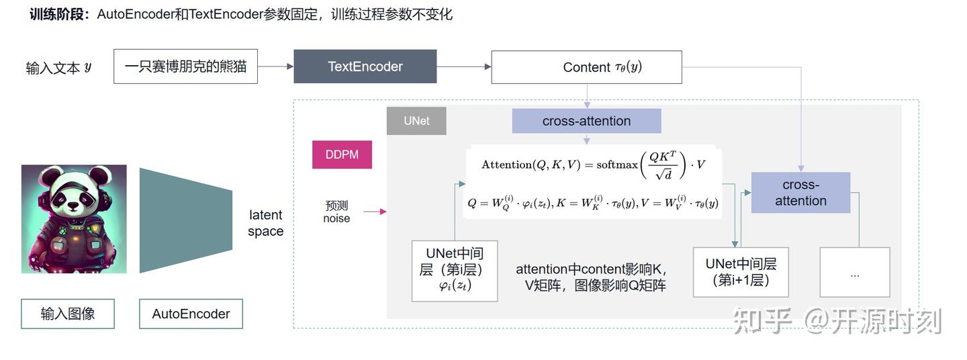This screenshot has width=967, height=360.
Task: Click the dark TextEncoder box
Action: [365, 66]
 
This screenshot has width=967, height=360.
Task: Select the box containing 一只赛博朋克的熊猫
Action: [185, 66]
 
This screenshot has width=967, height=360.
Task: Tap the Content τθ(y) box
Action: [586, 67]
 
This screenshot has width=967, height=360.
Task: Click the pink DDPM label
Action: [342, 154]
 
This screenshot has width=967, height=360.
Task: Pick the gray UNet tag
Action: [416, 121]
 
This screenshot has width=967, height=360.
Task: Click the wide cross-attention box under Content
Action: [586, 121]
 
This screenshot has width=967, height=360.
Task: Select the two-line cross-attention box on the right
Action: [800, 193]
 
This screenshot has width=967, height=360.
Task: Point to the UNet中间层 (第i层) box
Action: [455, 271]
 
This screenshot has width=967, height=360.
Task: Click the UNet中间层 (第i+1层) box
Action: [741, 272]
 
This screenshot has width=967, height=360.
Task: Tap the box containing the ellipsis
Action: [854, 272]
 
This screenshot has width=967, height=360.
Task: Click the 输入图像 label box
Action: [68, 314]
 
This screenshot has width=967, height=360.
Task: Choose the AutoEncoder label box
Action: [191, 314]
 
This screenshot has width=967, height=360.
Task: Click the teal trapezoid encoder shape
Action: [185, 220]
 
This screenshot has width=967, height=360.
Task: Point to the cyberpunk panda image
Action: [74, 219]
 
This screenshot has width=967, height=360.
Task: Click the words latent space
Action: [266, 223]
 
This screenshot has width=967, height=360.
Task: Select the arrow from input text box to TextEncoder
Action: [275, 66]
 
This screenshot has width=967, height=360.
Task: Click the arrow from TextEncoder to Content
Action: [463, 66]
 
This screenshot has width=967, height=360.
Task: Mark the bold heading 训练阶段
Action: [59, 14]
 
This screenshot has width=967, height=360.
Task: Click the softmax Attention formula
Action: [593, 165]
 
